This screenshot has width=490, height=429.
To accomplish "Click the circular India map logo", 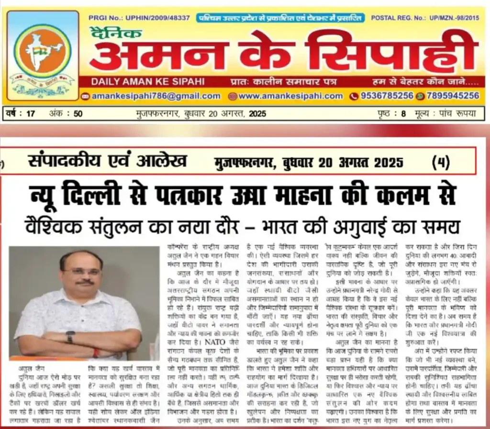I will [42, 51].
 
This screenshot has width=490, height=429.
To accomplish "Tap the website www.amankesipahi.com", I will [290, 96].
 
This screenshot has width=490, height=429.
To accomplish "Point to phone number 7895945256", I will [452, 96].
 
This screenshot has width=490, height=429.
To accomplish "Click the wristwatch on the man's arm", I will [70, 336].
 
